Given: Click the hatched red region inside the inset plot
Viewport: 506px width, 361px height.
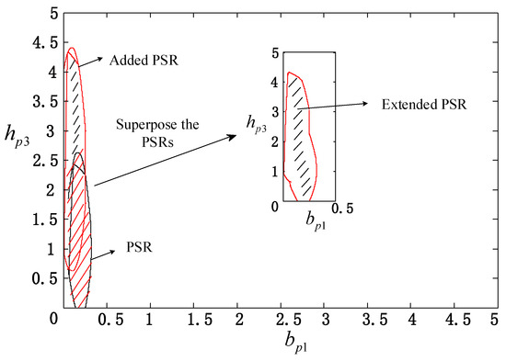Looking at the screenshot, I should (302, 138).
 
